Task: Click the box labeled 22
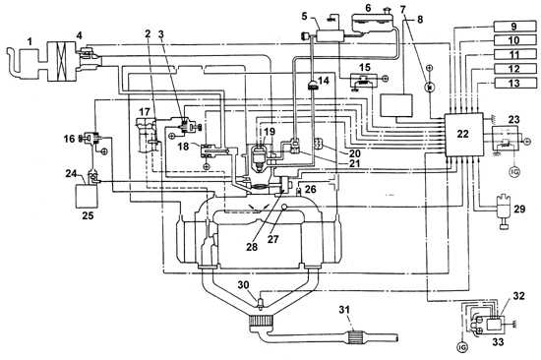coord(463,134)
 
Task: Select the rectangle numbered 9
coord(515,27)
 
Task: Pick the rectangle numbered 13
coord(515,83)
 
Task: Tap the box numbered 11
coord(515,54)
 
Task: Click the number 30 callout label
coord(243,285)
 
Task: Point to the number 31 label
coord(344,310)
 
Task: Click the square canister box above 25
coord(87,196)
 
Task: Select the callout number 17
coord(145,111)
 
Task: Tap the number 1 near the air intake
coord(30,41)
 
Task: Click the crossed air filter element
coord(61,61)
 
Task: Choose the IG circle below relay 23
coord(514,171)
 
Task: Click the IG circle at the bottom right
coord(462,346)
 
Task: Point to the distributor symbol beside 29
coord(505,212)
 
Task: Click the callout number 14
coord(324,81)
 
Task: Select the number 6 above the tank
coord(368,8)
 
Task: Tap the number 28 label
coord(252,247)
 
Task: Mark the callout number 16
coord(69,139)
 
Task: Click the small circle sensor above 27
coord(285,207)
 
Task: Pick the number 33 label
coord(498,341)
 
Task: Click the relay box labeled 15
coord(364,80)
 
